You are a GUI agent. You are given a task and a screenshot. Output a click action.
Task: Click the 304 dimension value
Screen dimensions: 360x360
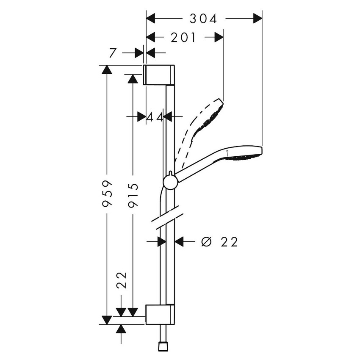tap(203, 19)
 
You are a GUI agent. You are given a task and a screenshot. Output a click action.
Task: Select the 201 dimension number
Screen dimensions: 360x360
tap(184, 38)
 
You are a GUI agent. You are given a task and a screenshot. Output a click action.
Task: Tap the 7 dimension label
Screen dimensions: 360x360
tap(112, 53)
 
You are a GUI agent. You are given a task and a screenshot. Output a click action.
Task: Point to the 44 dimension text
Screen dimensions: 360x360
tap(155, 117)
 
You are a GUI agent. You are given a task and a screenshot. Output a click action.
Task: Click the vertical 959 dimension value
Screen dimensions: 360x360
tap(108, 194)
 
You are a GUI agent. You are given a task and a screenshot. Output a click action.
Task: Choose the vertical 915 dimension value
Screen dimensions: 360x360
tap(133, 194)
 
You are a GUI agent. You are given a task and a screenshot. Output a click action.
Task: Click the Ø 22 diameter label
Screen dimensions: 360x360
tap(220, 242)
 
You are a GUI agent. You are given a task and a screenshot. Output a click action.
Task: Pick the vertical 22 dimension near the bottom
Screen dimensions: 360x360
tap(122, 280)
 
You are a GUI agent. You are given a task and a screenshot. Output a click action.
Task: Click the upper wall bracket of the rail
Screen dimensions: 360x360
tap(159, 75)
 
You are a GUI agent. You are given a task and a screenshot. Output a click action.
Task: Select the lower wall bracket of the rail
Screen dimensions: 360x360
tap(159, 314)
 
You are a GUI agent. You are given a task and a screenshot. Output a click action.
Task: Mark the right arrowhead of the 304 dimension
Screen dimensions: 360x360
tap(258, 19)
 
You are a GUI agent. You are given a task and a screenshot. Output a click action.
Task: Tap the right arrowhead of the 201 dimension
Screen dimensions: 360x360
tap(219, 38)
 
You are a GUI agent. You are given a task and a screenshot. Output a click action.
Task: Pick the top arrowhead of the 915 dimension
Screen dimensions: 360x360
tap(133, 79)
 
